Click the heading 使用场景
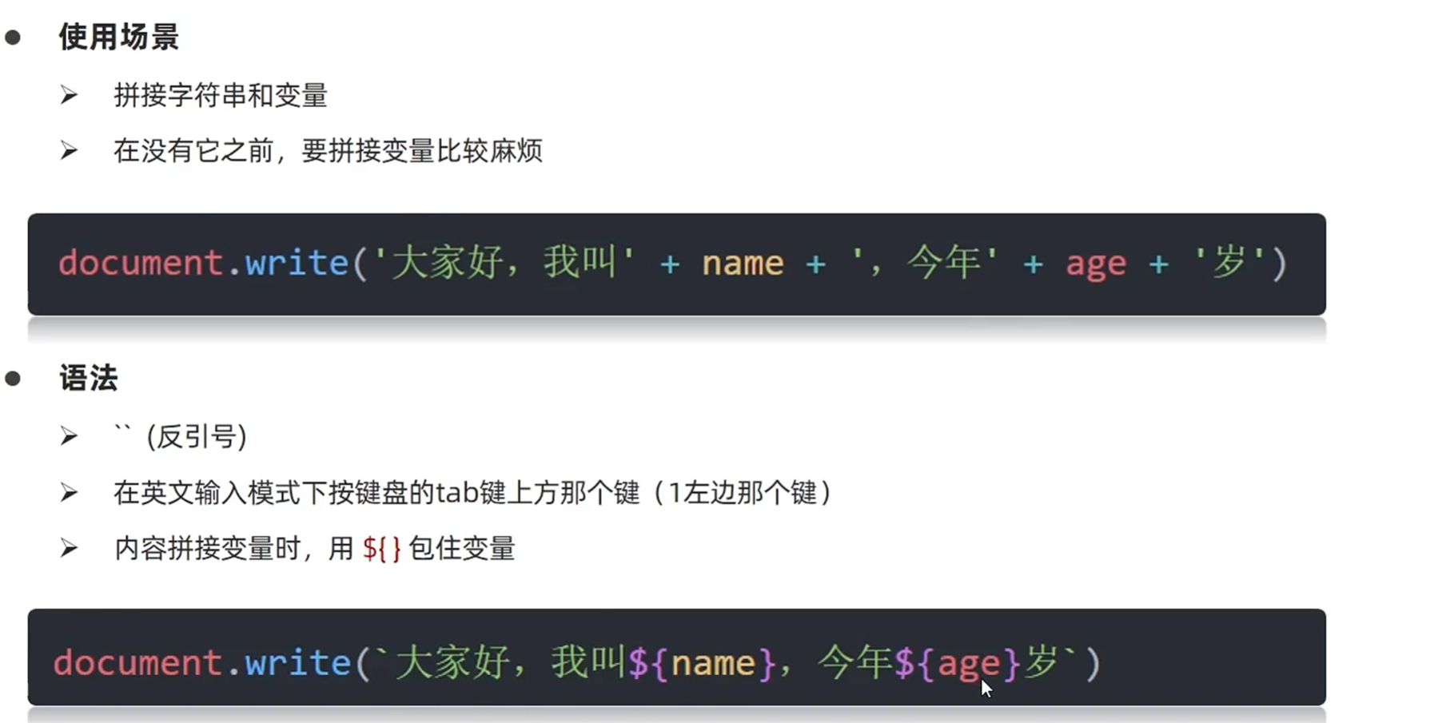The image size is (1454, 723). coord(118,37)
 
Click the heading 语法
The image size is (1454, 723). coord(88,378)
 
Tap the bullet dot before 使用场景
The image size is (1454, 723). coord(13,37)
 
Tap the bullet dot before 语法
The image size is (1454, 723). coord(13,378)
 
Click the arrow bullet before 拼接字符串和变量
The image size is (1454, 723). coord(69,96)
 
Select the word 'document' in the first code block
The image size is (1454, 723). coord(140,263)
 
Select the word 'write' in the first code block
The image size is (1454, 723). coord(297,263)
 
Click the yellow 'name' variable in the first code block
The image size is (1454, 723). coord(743,263)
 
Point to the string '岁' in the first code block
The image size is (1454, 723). coord(1229,263)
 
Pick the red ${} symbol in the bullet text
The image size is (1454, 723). coord(381,549)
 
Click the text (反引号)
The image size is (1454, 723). coord(197,436)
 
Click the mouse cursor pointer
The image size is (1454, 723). coord(986,688)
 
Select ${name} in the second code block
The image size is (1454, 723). coord(702,663)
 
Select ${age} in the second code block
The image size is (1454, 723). coord(956,663)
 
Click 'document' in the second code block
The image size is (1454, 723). coord(137,663)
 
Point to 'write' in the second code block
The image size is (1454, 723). coord(297,663)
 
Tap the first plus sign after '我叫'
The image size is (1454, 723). coord(670,263)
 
